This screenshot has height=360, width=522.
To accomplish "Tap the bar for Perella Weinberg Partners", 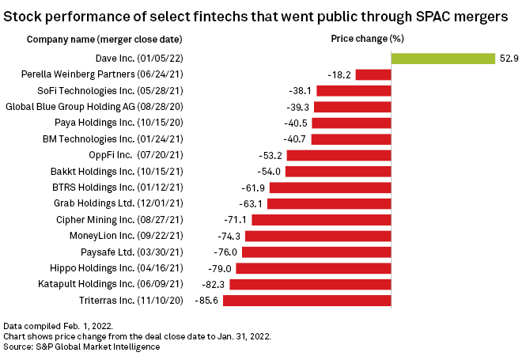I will click(x=373, y=74).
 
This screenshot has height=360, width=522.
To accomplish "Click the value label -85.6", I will click(x=210, y=300).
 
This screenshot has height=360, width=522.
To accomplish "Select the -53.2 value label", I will click(x=270, y=155).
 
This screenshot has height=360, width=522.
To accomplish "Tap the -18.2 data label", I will click(x=339, y=74).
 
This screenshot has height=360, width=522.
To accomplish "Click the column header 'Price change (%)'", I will click(x=361, y=39).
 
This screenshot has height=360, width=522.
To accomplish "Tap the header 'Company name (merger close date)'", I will click(x=104, y=39).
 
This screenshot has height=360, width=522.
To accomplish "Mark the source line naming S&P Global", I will click(x=81, y=347).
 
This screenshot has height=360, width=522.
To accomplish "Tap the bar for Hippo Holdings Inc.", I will click(x=314, y=268).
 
